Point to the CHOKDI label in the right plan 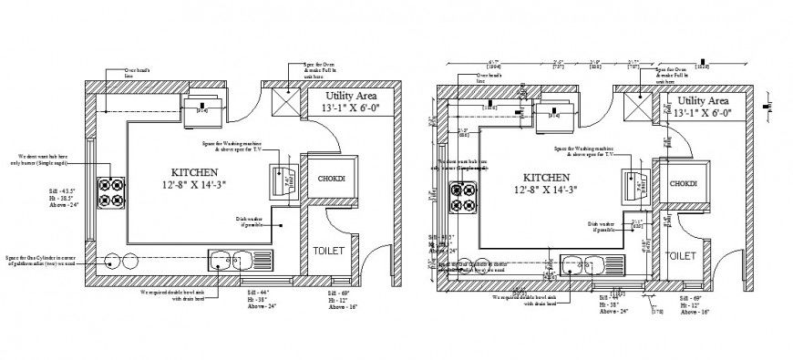(683, 184)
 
